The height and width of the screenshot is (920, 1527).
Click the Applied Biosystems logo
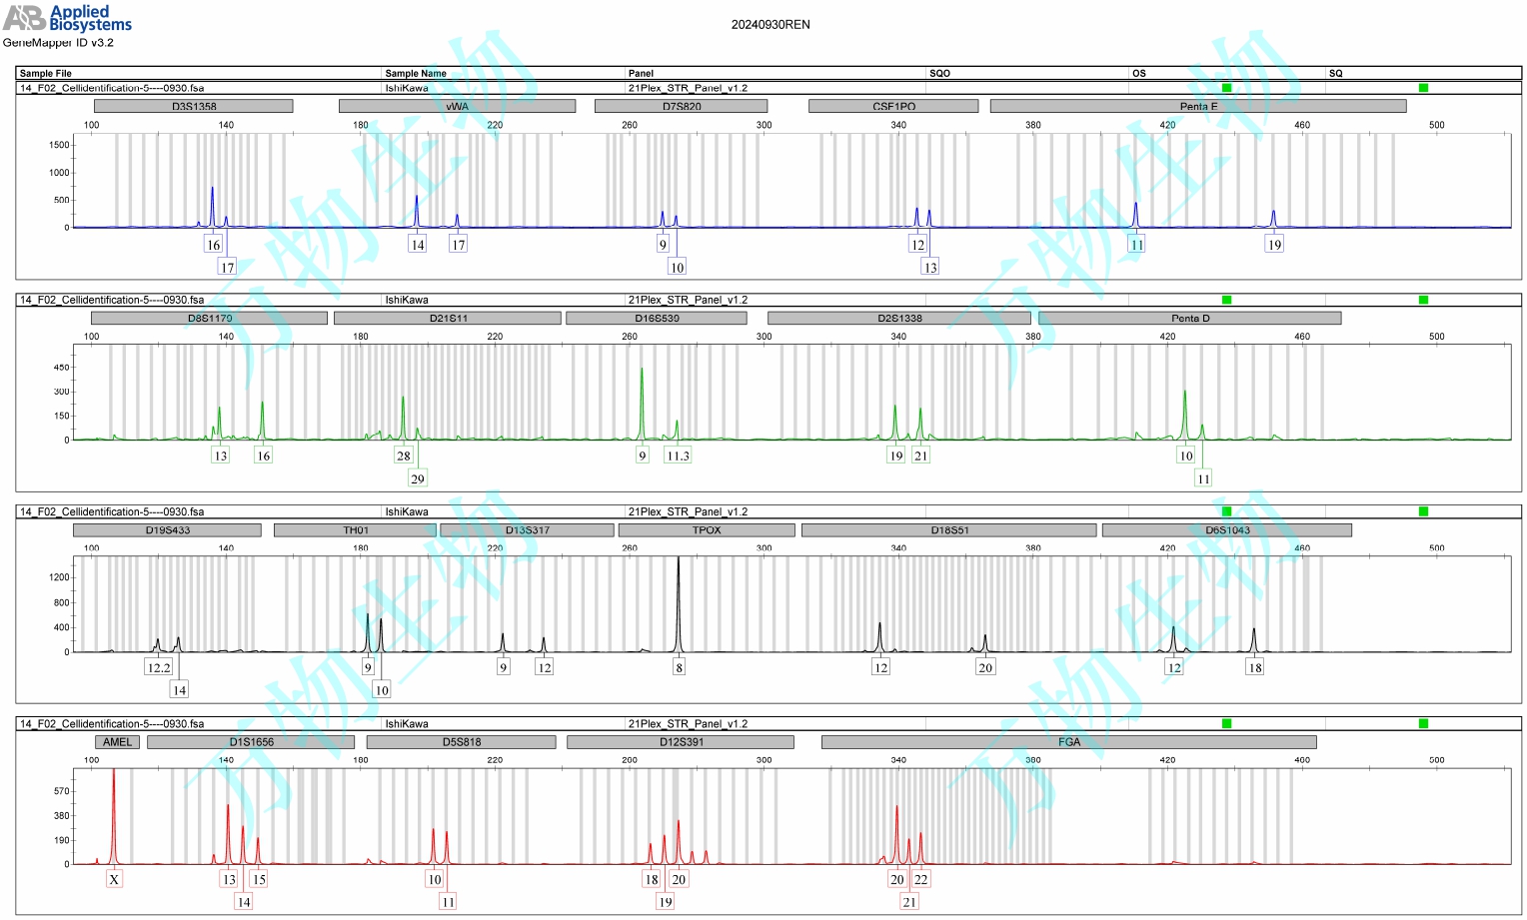pyautogui.click(x=67, y=17)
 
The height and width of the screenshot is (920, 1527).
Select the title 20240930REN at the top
pyautogui.click(x=769, y=25)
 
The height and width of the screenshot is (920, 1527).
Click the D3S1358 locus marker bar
pyautogui.click(x=193, y=106)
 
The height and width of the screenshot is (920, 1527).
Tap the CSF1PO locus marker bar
pyautogui.click(x=892, y=106)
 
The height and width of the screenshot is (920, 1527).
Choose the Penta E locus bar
pyautogui.click(x=1197, y=106)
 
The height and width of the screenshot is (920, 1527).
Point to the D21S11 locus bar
pyautogui.click(x=447, y=318)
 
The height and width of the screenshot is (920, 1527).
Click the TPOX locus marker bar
pyautogui.click(x=706, y=530)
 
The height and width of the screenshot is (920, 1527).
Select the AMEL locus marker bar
pyautogui.click(x=117, y=742)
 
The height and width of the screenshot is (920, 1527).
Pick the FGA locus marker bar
pyautogui.click(x=1068, y=742)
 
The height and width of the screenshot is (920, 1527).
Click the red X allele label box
pyautogui.click(x=114, y=879)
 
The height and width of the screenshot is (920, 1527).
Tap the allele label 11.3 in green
pyautogui.click(x=678, y=456)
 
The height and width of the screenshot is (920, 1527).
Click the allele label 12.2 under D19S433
pyautogui.click(x=158, y=667)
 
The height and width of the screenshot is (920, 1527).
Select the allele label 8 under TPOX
pyautogui.click(x=679, y=667)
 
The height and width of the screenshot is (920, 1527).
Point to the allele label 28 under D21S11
pyautogui.click(x=403, y=456)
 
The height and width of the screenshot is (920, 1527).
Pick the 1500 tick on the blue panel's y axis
pyautogui.click(x=59, y=145)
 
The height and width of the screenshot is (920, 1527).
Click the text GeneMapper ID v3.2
pyautogui.click(x=58, y=43)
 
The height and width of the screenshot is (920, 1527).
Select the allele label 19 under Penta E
pyautogui.click(x=1274, y=244)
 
